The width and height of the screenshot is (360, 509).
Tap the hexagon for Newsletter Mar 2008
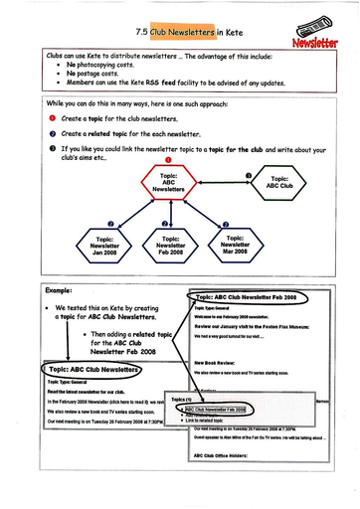[235, 244]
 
